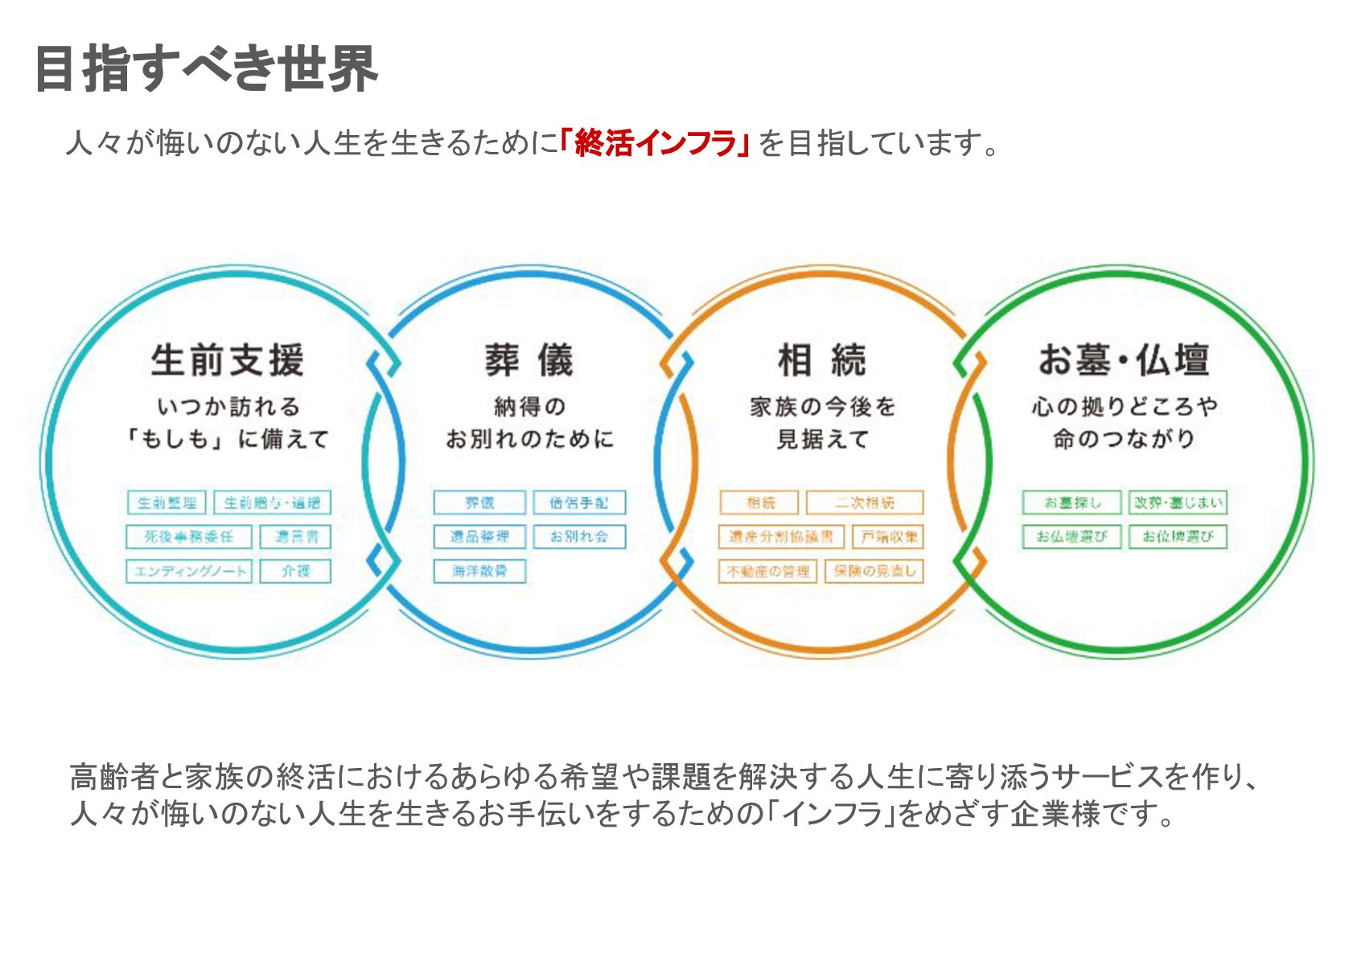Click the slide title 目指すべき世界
coord(206,69)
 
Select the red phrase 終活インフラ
coord(655,143)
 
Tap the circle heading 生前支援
coord(227,360)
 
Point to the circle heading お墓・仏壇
coord(1123,360)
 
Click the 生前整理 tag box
coord(167,503)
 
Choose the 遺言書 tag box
coord(295,536)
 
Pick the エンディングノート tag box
coord(189,571)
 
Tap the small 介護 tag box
coord(295,571)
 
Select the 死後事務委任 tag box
coord(189,536)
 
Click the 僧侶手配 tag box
coord(579,503)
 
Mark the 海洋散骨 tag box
coord(479,571)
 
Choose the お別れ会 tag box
coord(579,536)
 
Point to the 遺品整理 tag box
coord(479,536)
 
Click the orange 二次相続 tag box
coord(865,503)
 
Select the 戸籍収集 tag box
coord(888,536)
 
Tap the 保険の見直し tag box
coord(874,571)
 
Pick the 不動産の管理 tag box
coord(768,571)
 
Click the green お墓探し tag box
coord(1071,503)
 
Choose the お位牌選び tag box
coord(1178,536)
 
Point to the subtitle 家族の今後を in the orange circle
coord(822,407)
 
